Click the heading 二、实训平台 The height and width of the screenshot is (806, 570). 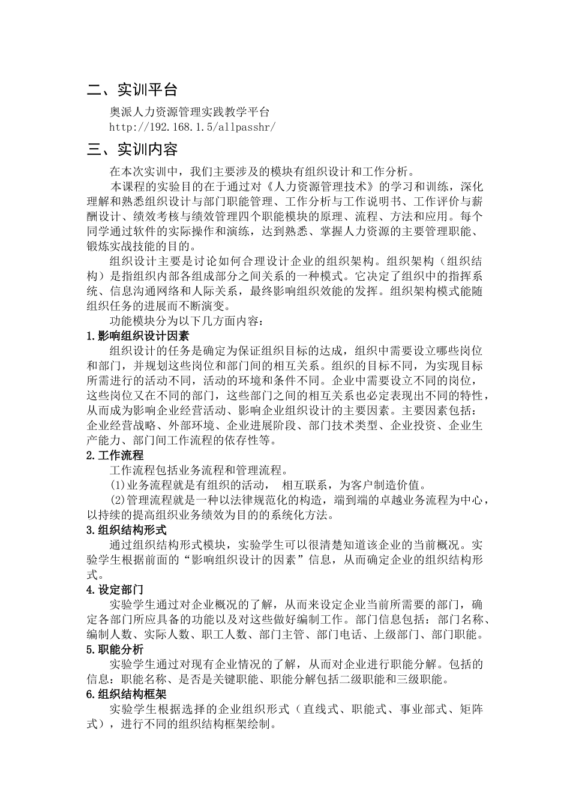tap(132, 90)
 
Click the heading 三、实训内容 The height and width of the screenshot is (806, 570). tap(132, 149)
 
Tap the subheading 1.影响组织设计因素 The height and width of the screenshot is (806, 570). tap(137, 335)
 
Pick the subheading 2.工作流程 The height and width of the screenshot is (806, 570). tap(115, 455)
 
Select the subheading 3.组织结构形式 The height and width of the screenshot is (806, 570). tap(126, 530)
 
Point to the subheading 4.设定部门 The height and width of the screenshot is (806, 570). tap(115, 590)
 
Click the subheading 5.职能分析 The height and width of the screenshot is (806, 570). tap(115, 649)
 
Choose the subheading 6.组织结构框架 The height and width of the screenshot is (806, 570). tap(126, 694)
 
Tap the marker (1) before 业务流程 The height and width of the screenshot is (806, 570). tap(118, 485)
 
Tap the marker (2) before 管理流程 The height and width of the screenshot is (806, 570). tap(118, 500)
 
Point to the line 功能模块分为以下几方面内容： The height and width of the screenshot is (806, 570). tap(186, 320)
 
